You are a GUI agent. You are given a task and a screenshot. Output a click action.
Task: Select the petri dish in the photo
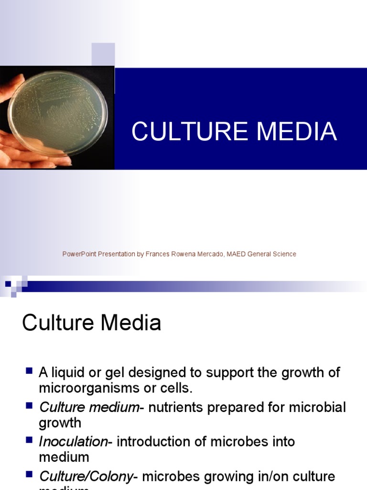pyautogui.click(x=57, y=114)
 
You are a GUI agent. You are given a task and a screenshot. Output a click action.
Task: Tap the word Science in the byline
pyautogui.click(x=284, y=254)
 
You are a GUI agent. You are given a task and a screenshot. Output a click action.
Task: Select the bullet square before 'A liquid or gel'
pyautogui.click(x=29, y=371)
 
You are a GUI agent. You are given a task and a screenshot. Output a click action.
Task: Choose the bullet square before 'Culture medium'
pyautogui.click(x=29, y=406)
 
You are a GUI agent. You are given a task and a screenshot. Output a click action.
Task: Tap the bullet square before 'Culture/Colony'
pyautogui.click(x=29, y=475)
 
